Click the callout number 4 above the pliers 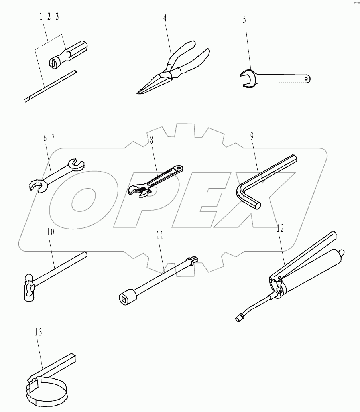click(165, 18)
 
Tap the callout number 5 click(244, 20)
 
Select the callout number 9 click(252, 136)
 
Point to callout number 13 click(38, 332)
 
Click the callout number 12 click(280, 228)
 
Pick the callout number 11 click(160, 235)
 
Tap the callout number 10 click(50, 232)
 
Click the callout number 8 click(151, 140)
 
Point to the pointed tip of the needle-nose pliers click(138, 93)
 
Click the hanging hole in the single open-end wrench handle click(307, 78)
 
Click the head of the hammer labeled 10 click(29, 287)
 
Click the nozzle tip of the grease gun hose click(238, 319)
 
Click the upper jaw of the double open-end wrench click(76, 164)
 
